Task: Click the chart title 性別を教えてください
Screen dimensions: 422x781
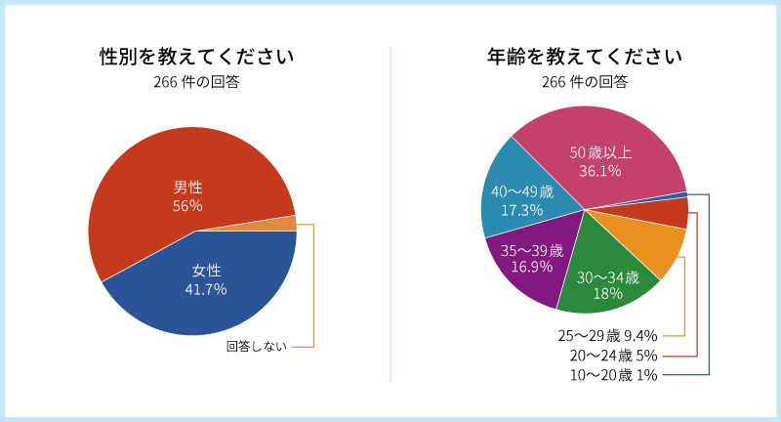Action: pos(196,57)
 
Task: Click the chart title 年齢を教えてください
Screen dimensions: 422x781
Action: pos(584,57)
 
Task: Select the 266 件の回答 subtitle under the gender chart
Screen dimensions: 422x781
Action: pos(196,82)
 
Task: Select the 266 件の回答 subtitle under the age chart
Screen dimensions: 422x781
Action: pos(584,82)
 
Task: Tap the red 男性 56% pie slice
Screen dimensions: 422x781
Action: pos(176,176)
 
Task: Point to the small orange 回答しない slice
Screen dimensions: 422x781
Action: pos(288,223)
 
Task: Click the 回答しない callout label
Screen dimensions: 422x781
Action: pos(257,346)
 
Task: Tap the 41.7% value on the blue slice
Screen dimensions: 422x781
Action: pos(205,289)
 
